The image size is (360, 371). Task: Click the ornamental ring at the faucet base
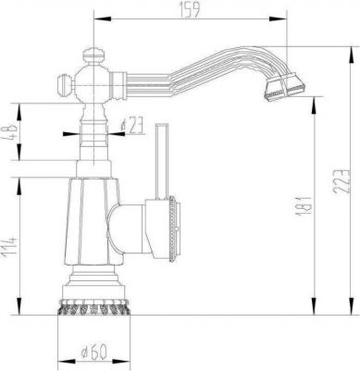coord(93,306)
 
